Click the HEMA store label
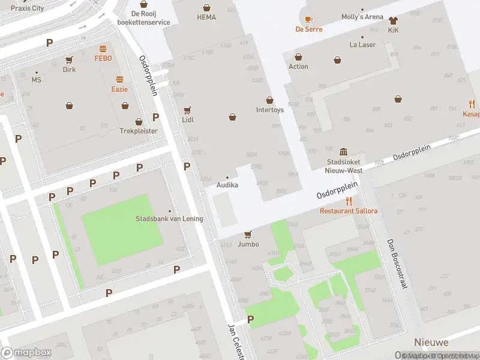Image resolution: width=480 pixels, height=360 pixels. (206, 17)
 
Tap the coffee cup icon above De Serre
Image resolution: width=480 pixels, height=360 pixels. (308, 19)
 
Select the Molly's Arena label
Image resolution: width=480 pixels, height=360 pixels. (362, 17)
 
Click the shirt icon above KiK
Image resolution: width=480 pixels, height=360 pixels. (393, 20)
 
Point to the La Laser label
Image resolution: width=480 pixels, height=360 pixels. (362, 44)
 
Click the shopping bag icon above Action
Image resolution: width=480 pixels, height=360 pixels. (298, 57)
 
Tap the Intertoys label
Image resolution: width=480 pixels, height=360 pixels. (269, 110)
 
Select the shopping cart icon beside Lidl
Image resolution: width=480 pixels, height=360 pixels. (187, 110)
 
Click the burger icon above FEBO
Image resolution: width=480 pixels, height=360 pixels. (103, 49)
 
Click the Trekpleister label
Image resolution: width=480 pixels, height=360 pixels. (139, 130)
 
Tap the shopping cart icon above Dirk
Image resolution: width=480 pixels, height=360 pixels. (69, 59)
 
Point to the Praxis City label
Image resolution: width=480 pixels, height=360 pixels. (28, 8)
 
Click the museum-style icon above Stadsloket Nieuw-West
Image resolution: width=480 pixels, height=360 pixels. (344, 151)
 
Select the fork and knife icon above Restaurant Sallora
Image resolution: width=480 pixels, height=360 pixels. (349, 201)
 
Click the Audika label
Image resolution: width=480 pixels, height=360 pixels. (227, 185)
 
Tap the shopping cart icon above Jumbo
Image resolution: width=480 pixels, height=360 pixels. (248, 235)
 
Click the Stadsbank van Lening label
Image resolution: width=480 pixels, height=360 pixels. (169, 218)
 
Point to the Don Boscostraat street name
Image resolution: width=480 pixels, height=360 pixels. (397, 265)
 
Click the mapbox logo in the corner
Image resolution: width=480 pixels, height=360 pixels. (26, 353)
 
